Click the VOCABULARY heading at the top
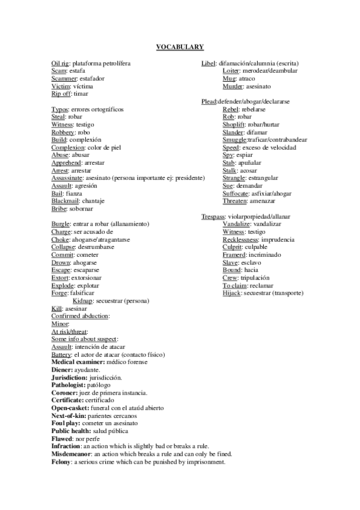180,46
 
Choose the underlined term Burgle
61,224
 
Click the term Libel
208,63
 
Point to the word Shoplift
234,125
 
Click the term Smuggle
234,140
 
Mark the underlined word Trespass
213,217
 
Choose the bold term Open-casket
69,408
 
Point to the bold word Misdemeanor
72,454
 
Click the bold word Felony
61,462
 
